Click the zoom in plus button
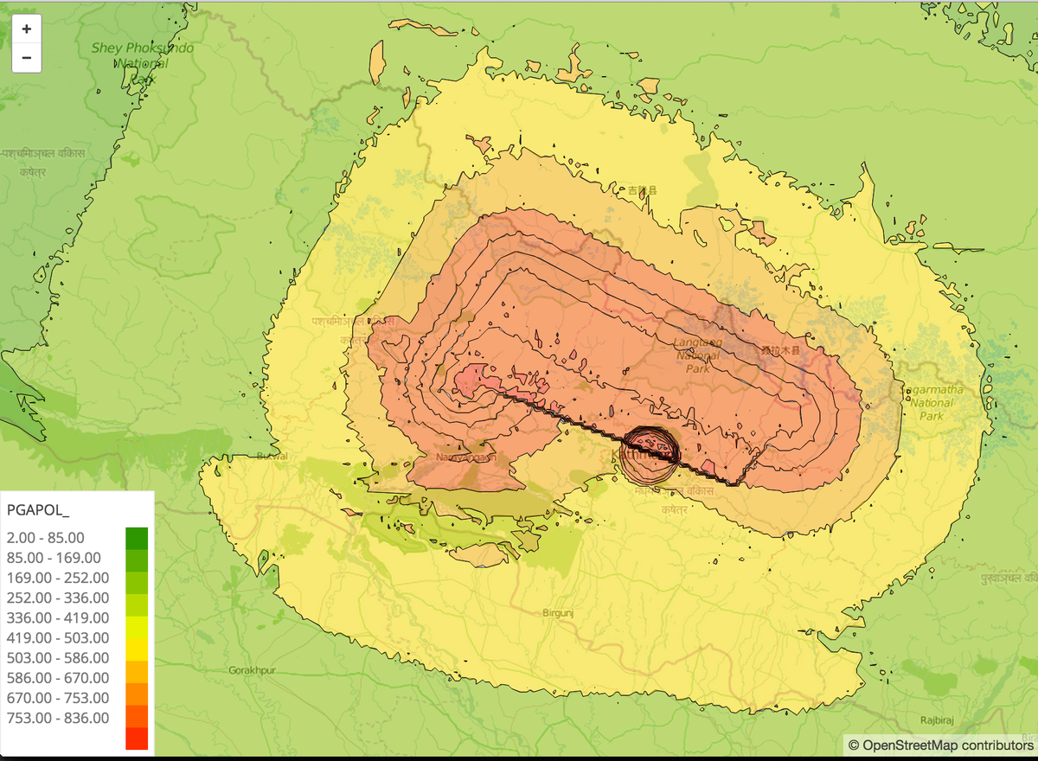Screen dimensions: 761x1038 pos(26,29)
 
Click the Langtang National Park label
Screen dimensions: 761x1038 pos(697,355)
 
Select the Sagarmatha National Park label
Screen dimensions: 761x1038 pos(932,403)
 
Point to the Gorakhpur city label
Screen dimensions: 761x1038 pos(252,670)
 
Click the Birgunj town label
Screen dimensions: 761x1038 pos(557,612)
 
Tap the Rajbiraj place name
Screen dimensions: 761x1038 pos(938,719)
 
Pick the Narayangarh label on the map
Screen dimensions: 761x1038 pos(465,457)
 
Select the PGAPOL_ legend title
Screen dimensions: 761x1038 pos(37,508)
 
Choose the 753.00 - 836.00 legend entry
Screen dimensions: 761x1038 pos(57,718)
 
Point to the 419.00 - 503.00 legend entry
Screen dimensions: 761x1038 pos(57,637)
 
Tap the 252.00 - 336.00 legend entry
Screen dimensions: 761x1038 pos(57,598)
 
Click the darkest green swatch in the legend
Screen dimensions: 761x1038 pos(137,538)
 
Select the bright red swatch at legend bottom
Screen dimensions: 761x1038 pos(137,738)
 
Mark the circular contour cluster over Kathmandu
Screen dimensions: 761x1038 pos(650,454)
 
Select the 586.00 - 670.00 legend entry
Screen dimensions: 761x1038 pos(57,678)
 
